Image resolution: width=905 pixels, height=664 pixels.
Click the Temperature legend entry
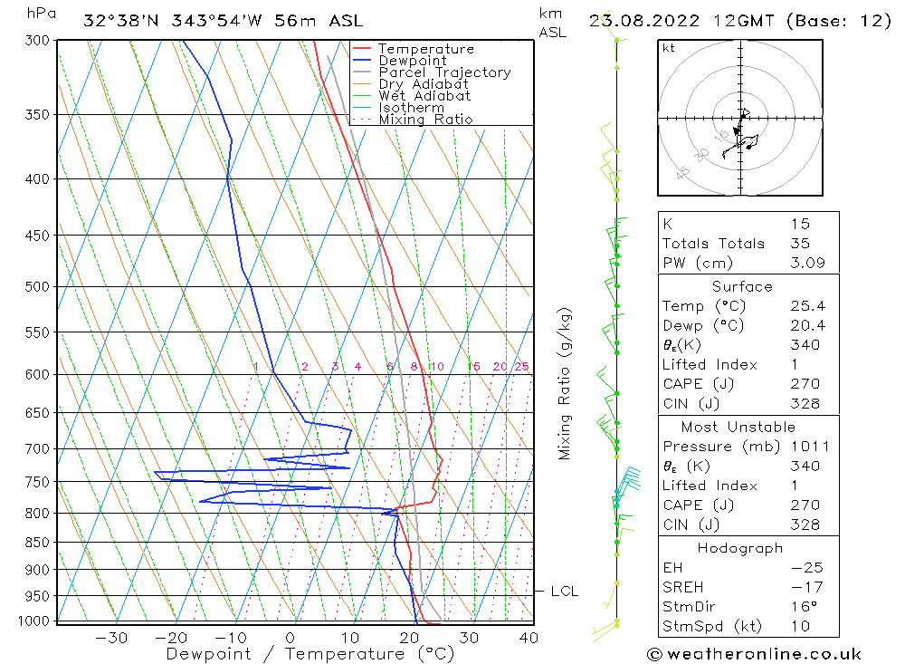click(x=425, y=49)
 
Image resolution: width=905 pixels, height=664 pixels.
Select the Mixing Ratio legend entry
click(x=425, y=120)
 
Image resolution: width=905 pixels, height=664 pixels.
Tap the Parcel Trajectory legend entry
click(x=444, y=72)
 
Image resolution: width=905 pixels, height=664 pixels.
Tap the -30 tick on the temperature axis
click(x=111, y=638)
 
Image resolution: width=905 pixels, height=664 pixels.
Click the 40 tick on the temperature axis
click(x=529, y=638)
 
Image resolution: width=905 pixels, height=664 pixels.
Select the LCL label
click(x=565, y=592)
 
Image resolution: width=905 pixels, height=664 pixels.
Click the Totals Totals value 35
click(x=799, y=243)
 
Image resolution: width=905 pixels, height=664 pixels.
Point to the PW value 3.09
click(x=806, y=263)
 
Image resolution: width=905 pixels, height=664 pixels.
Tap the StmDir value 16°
click(x=803, y=606)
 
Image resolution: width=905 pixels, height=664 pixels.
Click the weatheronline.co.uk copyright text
click(x=755, y=654)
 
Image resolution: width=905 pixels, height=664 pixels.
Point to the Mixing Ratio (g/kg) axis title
click(x=566, y=383)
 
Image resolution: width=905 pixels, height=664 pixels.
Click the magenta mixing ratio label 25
click(x=521, y=366)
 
